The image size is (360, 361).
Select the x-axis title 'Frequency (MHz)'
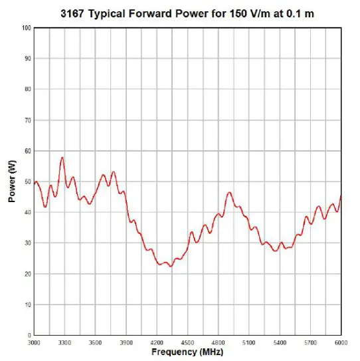[187, 352]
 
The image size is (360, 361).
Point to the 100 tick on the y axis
[27, 28]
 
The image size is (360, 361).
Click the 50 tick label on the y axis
[28, 181]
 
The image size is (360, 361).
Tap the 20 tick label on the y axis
[28, 274]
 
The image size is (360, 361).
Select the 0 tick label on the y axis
[29, 335]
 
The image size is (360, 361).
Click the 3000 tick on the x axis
[34, 342]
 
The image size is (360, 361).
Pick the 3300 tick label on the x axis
[64, 342]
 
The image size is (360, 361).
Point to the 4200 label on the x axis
[157, 342]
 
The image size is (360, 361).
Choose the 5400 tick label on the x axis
[280, 342]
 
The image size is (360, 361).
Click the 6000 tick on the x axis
[341, 342]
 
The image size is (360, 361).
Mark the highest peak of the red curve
[62, 158]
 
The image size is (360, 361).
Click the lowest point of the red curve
[171, 266]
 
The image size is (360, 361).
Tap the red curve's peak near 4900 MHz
[229, 193]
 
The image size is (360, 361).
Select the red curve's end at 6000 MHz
[341, 196]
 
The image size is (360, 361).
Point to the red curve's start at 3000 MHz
[35, 182]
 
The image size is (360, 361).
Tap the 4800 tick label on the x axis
[218, 342]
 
